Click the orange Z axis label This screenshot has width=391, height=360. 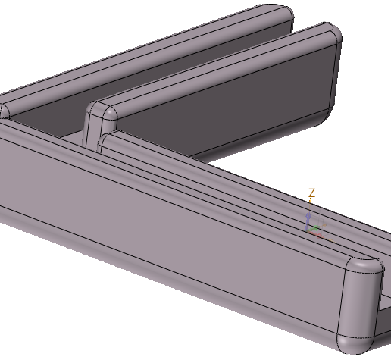(311, 194)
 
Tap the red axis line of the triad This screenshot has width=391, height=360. (319, 233)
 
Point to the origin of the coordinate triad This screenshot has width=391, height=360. (309, 229)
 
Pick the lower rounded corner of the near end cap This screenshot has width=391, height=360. (355, 343)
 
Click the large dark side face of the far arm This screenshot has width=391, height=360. (227, 106)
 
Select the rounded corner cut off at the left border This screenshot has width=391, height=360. (3, 111)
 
